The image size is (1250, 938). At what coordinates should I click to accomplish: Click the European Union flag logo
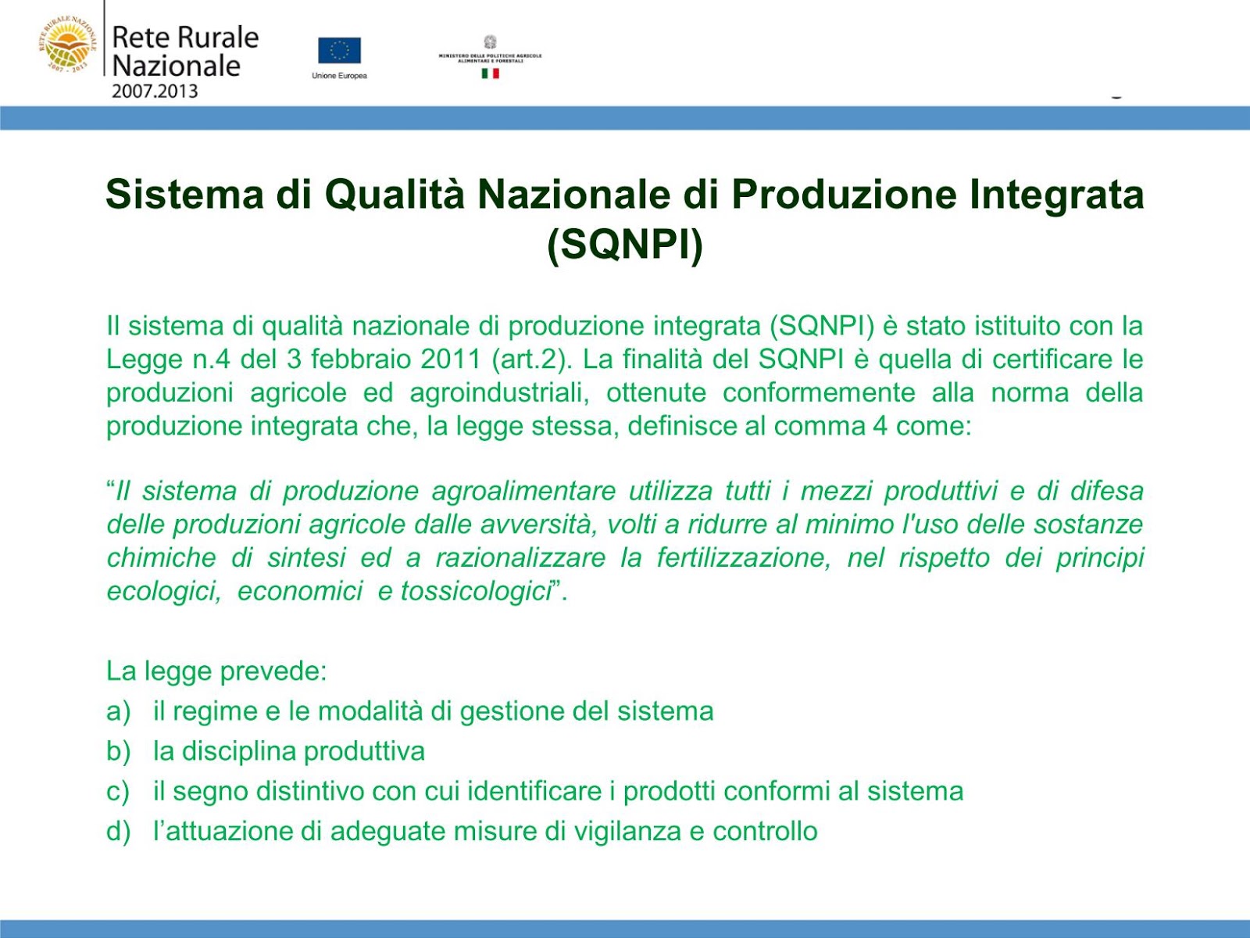[x=339, y=51]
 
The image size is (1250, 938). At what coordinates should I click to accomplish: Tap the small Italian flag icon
[x=490, y=73]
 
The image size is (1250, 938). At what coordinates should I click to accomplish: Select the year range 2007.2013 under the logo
[x=155, y=91]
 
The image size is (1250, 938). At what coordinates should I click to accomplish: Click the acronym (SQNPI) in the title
[x=625, y=244]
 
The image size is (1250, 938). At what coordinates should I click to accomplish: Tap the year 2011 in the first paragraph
[x=450, y=360]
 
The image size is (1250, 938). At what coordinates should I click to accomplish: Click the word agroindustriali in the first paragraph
[x=499, y=392]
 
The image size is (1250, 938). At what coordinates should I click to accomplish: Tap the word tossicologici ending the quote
[x=477, y=591]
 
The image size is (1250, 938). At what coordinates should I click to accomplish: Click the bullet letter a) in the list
[x=118, y=711]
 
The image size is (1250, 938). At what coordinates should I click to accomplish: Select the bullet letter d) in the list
[x=118, y=831]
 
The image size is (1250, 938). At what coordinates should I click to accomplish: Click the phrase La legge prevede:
[x=216, y=671]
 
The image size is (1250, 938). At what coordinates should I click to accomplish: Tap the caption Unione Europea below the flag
[x=339, y=76]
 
